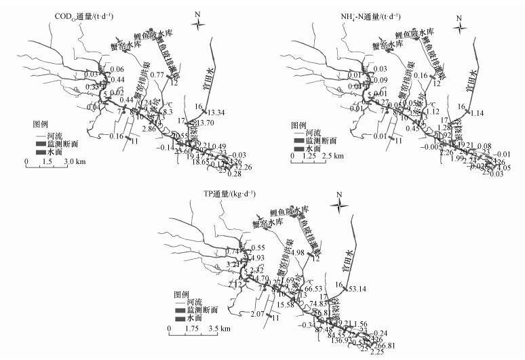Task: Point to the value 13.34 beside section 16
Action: [x=215, y=112]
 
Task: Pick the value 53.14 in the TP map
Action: [x=352, y=289]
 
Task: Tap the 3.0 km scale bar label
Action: [x=73, y=162]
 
